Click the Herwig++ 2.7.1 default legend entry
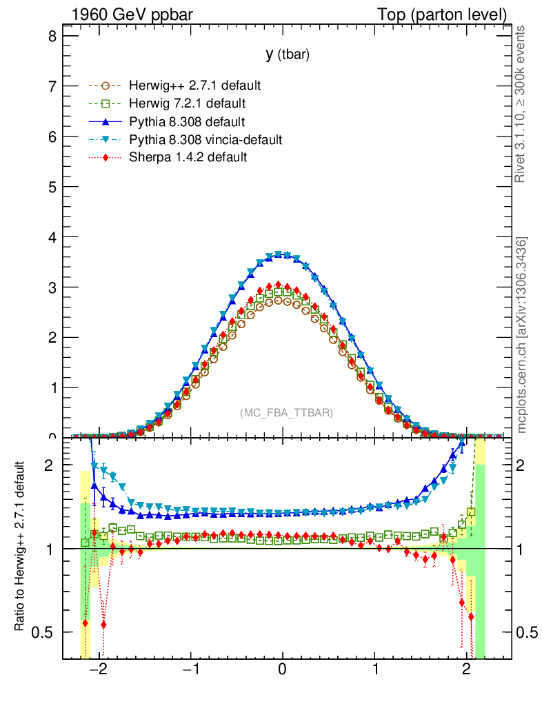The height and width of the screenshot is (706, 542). pos(194,86)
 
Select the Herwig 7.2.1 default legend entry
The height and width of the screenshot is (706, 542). pos(187,103)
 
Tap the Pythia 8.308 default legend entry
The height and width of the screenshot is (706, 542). pos(187,122)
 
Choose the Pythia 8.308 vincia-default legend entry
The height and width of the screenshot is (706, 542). pos(205,139)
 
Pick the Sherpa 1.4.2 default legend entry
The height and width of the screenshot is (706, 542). pos(188,157)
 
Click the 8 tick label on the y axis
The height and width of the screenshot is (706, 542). pos(52,37)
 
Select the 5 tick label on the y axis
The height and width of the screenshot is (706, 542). pos(52,187)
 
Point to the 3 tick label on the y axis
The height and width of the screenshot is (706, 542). pos(52,287)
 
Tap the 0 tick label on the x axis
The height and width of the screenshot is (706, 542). pos(283,669)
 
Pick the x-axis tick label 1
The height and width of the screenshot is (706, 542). pos(374,669)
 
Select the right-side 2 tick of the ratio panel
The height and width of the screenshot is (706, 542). pos(523,465)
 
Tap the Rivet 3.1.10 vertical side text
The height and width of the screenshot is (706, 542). pos(521,103)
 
